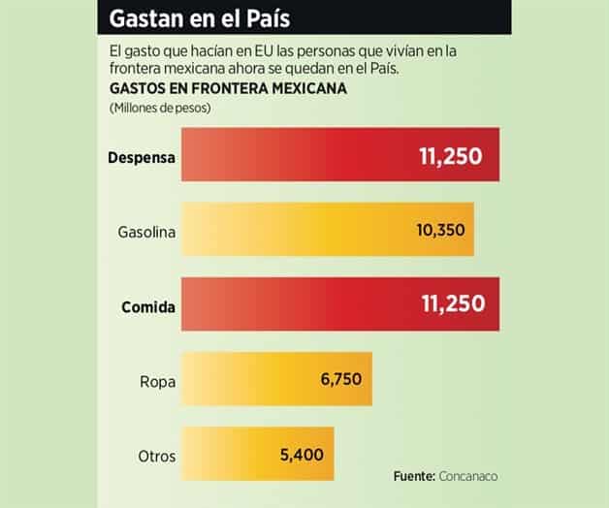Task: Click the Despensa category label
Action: click(x=142, y=156)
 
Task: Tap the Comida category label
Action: click(x=147, y=307)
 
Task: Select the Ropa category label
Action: click(x=157, y=382)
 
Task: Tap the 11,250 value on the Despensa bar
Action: click(x=451, y=155)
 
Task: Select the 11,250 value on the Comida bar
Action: click(x=451, y=305)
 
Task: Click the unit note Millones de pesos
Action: click(x=160, y=107)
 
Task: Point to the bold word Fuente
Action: click(x=415, y=477)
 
